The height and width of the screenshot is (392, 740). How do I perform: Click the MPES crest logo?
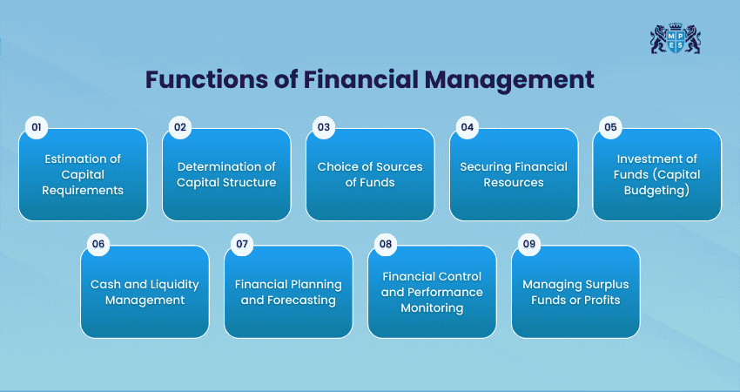pos(675,38)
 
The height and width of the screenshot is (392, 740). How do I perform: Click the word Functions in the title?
pos(205,79)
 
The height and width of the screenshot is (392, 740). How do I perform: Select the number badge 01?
pos(37,127)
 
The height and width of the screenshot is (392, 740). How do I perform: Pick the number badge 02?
pos(180,127)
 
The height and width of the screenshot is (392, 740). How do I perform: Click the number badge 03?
pos(324,127)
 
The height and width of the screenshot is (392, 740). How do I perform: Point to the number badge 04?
pos(468,127)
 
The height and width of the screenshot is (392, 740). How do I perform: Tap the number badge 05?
pos(610,127)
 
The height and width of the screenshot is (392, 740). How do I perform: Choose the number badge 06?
pos(98,244)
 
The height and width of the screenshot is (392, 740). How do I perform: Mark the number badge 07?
pos(242,244)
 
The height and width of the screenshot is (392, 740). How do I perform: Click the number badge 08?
pos(386,244)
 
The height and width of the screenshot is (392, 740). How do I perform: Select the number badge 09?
pos(529,244)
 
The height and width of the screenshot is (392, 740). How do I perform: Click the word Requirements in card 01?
pos(83,191)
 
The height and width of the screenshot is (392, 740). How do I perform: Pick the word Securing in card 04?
pos(486,167)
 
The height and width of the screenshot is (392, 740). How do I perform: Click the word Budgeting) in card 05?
pos(656,190)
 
